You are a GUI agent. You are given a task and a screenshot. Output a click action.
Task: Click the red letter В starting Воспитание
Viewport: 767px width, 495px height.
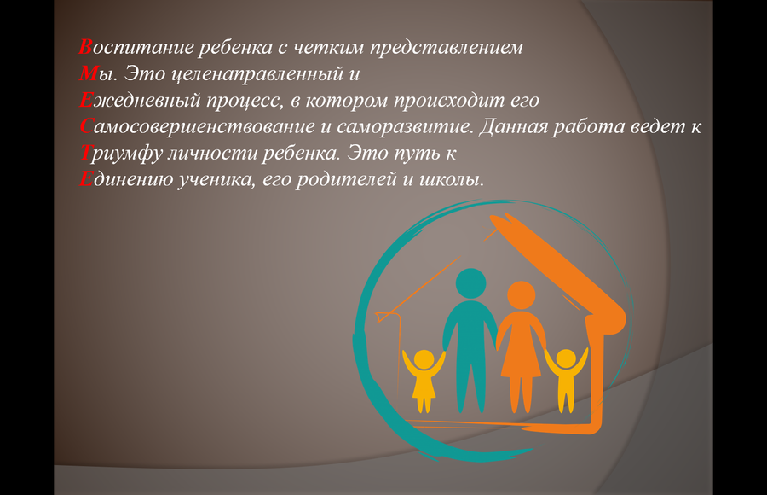tap(85, 47)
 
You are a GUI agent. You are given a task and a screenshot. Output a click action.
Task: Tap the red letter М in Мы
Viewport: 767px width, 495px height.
tap(89, 73)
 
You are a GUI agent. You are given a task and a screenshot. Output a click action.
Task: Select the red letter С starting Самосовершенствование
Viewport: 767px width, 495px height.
tap(85, 126)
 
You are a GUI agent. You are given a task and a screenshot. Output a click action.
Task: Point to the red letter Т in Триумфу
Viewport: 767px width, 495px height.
tap(85, 153)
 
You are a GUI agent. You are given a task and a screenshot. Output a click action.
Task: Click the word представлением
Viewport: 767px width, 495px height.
tap(446, 49)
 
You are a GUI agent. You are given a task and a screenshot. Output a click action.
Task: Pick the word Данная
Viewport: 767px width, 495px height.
tap(513, 127)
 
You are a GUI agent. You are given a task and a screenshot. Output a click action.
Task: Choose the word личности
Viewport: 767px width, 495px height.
tap(212, 154)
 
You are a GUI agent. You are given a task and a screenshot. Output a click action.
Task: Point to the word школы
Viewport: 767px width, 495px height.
tap(452, 180)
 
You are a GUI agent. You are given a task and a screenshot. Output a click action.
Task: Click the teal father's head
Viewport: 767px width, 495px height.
tap(470, 283)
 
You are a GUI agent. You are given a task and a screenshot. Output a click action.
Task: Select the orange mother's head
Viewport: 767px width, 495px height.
tap(521, 295)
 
